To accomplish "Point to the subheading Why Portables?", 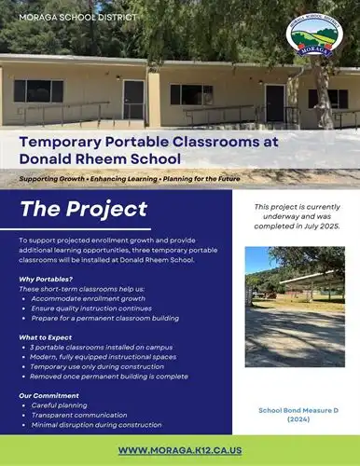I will pos(45,279).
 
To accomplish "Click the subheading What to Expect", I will pos(46,336).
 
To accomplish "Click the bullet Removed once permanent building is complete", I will pos(111,376).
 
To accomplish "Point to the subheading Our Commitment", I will pos(47,396).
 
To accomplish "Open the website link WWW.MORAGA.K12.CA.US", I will pos(179,450).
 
